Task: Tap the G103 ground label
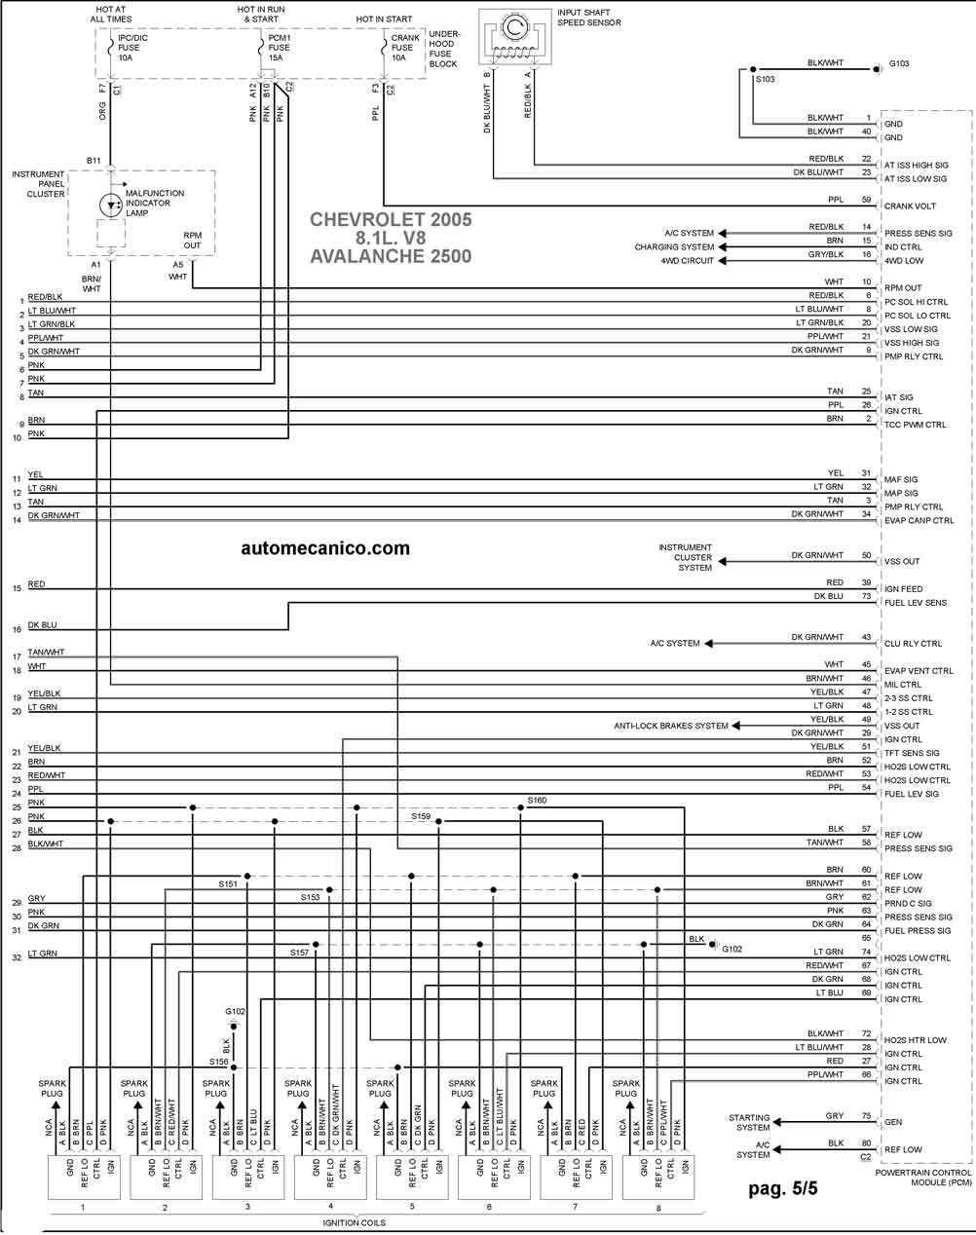(898, 63)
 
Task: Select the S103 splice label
(765, 79)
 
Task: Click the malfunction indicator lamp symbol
(110, 205)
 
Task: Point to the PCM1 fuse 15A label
(279, 48)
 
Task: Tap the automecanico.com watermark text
(325, 548)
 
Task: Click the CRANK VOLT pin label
(910, 206)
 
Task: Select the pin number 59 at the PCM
(866, 200)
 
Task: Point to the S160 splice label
(537, 800)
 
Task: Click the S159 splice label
(421, 815)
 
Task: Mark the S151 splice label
(228, 883)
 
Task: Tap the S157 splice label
(299, 952)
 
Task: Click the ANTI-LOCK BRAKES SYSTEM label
(670, 726)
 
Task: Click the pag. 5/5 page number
(782, 1188)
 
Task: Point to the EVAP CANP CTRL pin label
(919, 521)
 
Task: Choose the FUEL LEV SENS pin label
(915, 603)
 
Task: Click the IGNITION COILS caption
(354, 1222)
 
